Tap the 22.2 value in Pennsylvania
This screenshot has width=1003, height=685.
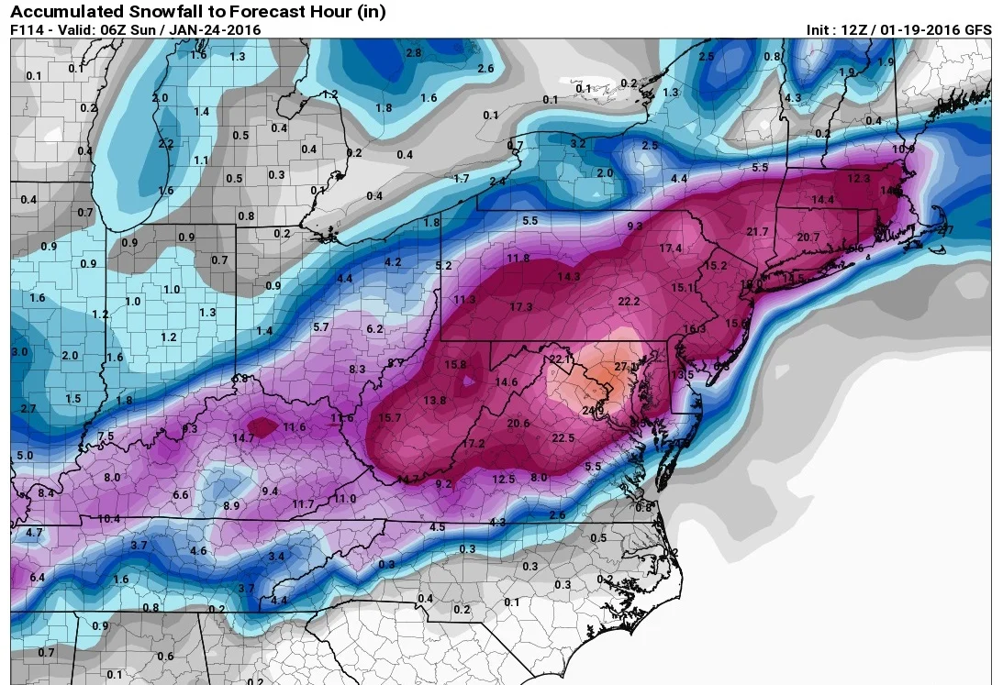[x=629, y=301]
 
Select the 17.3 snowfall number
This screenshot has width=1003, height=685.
[x=521, y=306]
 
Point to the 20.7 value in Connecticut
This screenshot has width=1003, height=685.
[x=808, y=238]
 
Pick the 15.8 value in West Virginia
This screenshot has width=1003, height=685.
[x=456, y=365]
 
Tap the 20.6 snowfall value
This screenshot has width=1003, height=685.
[x=518, y=423]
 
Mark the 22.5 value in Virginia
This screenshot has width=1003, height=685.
[x=563, y=438]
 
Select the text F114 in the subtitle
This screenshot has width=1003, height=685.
[x=26, y=30]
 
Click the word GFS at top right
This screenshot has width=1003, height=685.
[x=976, y=30]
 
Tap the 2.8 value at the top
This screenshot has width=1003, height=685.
[x=413, y=53]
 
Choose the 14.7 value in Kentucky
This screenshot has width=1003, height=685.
[x=242, y=438]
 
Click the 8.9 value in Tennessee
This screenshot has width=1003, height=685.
[x=231, y=505]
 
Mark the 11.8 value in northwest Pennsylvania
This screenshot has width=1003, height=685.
[x=518, y=259]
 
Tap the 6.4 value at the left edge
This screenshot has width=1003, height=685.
[x=38, y=577]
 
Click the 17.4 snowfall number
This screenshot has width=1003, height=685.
[x=671, y=249]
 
